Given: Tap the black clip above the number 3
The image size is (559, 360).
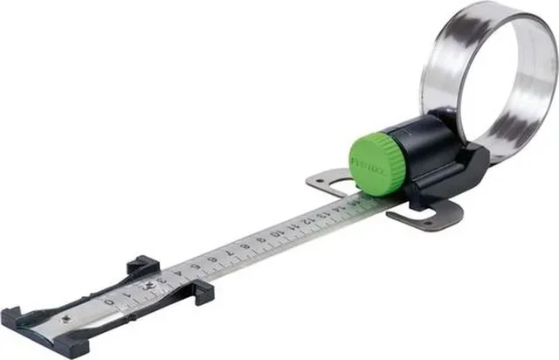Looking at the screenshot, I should point(143,264).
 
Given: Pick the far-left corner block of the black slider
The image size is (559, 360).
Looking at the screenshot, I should point(13,315).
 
